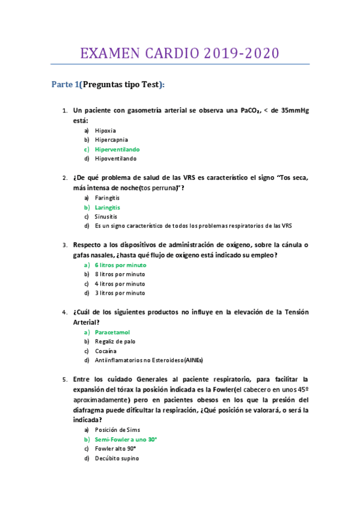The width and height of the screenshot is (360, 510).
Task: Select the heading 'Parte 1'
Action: click(65, 85)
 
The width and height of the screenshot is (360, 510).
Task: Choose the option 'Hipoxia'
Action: click(105, 130)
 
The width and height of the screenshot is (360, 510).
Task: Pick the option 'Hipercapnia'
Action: click(111, 140)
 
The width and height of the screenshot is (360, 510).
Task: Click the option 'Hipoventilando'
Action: click(115, 159)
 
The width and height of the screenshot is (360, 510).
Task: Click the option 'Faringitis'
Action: click(107, 197)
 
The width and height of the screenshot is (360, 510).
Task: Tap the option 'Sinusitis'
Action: click(106, 217)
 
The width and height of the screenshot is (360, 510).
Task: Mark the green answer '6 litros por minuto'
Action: click(120, 265)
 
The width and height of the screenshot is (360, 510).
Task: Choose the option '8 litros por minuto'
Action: click(120, 274)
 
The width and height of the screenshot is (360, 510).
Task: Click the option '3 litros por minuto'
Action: click(120, 293)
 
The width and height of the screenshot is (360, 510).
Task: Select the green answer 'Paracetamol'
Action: click(112, 332)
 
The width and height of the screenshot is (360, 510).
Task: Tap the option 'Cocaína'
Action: click(106, 351)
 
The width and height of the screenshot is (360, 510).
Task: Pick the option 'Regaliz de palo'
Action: click(115, 342)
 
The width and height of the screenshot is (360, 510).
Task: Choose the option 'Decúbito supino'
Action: click(117, 458)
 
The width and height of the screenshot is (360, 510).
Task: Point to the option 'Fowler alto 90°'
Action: click(115, 449)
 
